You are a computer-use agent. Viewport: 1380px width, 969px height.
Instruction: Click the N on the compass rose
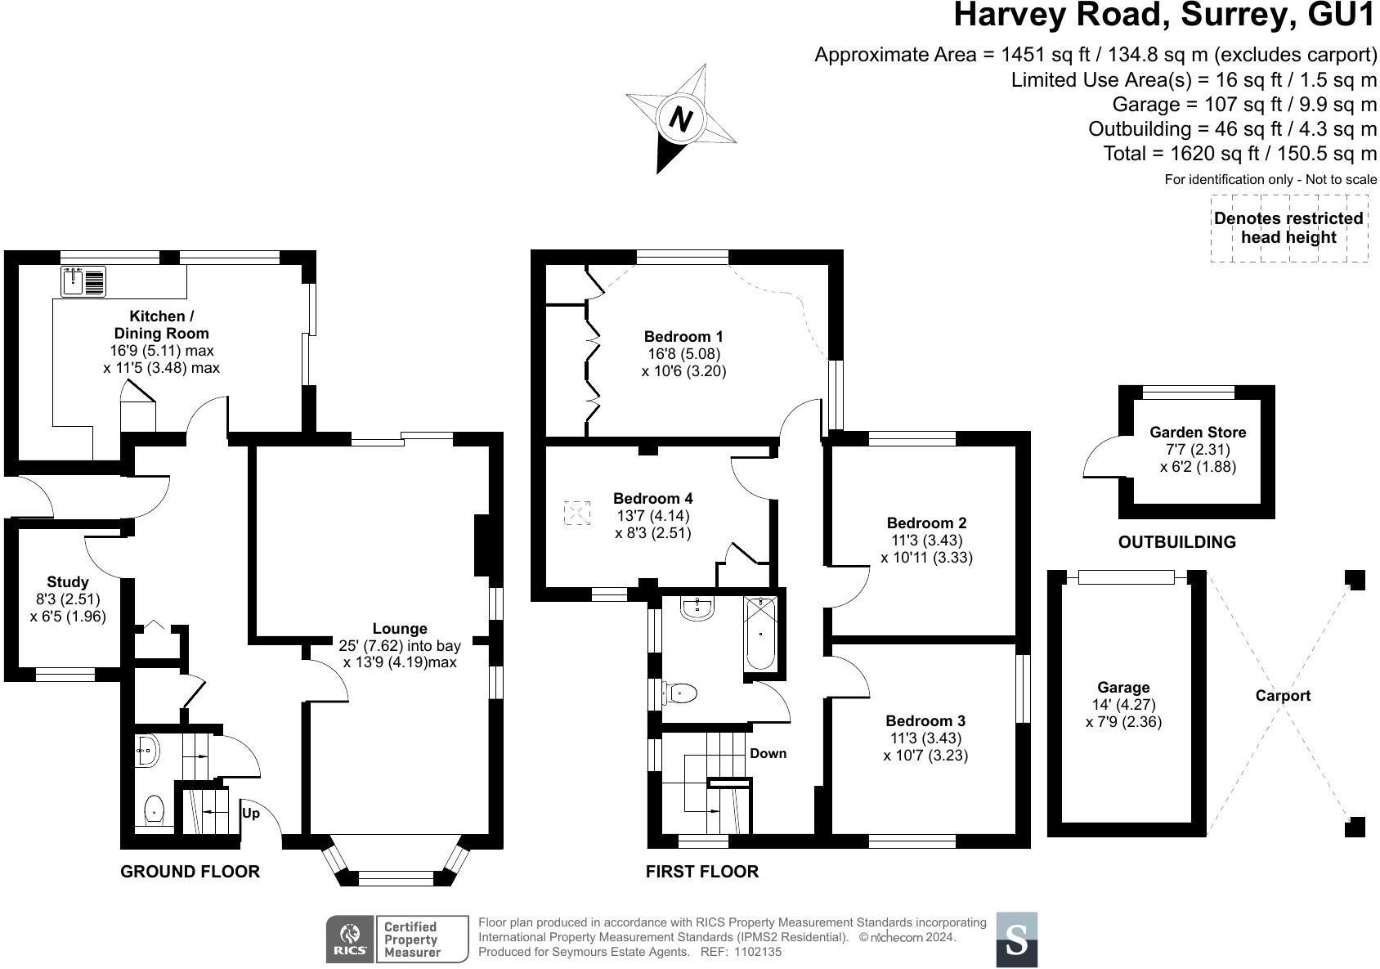680,119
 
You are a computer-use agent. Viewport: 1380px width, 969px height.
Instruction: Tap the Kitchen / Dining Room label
161,325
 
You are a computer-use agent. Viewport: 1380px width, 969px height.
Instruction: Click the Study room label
67,582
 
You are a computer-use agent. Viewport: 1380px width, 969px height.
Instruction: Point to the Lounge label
400,629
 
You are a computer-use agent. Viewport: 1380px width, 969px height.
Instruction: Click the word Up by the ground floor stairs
251,814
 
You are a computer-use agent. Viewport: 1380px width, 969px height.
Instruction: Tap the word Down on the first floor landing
768,753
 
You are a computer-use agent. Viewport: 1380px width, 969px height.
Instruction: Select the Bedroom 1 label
683,336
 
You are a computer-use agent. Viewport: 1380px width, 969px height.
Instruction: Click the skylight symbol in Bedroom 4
577,514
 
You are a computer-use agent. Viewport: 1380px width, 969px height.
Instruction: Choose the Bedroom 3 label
925,721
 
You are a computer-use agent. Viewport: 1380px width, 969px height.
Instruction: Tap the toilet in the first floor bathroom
681,694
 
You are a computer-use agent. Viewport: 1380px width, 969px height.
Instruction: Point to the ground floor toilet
155,810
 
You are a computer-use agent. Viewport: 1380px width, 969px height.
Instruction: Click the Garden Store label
1198,433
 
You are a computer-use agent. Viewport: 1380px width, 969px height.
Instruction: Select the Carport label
1283,696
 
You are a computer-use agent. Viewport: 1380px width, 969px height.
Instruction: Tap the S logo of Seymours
1016,940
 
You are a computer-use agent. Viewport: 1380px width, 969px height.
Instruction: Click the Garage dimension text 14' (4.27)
1123,705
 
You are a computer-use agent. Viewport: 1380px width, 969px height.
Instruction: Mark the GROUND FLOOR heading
190,872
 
